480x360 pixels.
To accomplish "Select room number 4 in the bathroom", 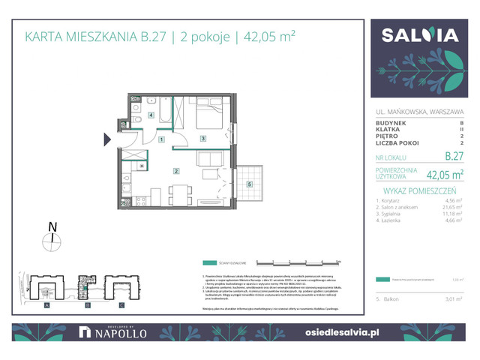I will point(151,115).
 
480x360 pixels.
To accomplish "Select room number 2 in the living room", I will point(175,171).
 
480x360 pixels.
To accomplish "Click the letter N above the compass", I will point(52,226).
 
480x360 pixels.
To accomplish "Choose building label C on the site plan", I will point(121,305).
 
